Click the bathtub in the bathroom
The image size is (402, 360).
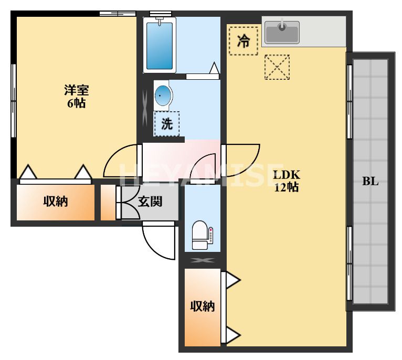click(x=159, y=45)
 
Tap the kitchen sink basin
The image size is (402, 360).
click(x=282, y=33)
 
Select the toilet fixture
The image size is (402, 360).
click(x=200, y=235)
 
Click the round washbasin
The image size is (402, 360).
click(x=163, y=96)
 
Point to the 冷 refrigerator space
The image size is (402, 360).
click(x=244, y=41)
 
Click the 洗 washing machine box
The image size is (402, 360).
click(x=166, y=124)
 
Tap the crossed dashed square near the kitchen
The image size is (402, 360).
click(x=277, y=67)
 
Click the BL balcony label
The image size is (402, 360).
click(x=370, y=182)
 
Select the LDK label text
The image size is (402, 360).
click(x=287, y=175)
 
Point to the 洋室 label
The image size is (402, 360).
click(x=77, y=90)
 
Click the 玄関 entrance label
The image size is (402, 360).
click(x=150, y=202)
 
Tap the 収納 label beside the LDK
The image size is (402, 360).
click(x=202, y=306)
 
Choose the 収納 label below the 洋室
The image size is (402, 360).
click(x=56, y=202)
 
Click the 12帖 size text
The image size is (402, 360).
click(x=287, y=187)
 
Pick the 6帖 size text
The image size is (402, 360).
click(x=76, y=103)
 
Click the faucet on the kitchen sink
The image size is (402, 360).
click(x=282, y=25)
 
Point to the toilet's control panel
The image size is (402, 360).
click(x=211, y=235)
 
